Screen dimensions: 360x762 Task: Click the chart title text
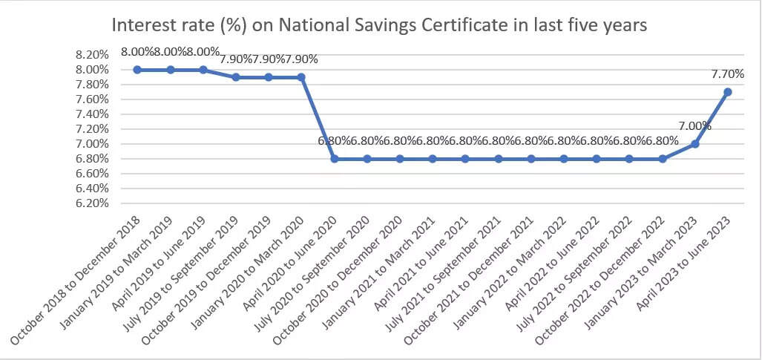pyautogui.click(x=379, y=25)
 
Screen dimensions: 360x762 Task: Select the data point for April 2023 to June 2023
pyautogui.click(x=727, y=92)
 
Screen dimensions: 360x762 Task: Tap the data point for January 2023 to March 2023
pyautogui.click(x=694, y=144)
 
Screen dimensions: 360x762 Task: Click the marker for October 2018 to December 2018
pyautogui.click(x=137, y=70)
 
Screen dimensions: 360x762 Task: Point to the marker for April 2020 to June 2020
pyautogui.click(x=335, y=159)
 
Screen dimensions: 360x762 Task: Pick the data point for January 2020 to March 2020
pyautogui.click(x=301, y=77)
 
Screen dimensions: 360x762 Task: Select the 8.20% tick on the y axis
pyautogui.click(x=93, y=55)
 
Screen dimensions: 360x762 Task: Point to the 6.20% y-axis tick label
pyautogui.click(x=93, y=203)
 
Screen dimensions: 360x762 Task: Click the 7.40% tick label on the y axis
pyautogui.click(x=93, y=114)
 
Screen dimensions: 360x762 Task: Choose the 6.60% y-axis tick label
pyautogui.click(x=93, y=174)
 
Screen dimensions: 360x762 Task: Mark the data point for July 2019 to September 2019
pyautogui.click(x=236, y=77)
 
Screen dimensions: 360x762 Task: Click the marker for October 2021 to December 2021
pyautogui.click(x=531, y=159)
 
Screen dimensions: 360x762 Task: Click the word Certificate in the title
pyautogui.click(x=467, y=25)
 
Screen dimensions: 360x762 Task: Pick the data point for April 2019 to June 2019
pyautogui.click(x=203, y=70)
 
